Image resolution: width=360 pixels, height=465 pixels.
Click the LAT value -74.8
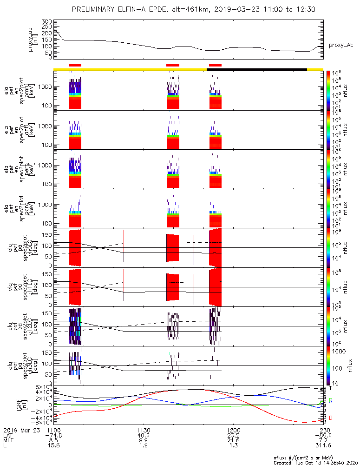pyautogui.click(x=54, y=436)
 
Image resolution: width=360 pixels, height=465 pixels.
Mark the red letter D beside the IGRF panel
pyautogui.click(x=331, y=418)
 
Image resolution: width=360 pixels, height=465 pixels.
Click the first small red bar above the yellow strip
pyautogui.click(x=75, y=65)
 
